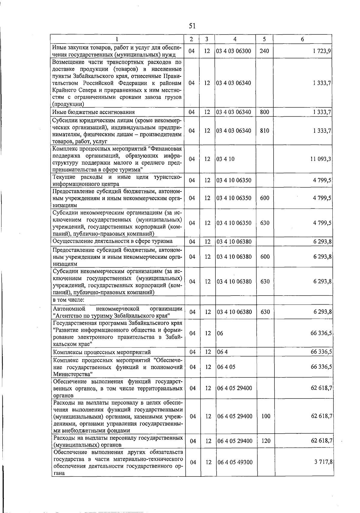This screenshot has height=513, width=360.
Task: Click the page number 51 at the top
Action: tap(192, 26)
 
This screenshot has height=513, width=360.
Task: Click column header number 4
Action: tap(235, 39)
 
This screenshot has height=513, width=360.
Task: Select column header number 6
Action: tap(302, 39)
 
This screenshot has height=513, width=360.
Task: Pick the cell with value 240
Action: tap(264, 51)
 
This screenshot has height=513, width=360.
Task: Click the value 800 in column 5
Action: tap(264, 112)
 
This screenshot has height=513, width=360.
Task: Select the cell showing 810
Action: tap(264, 131)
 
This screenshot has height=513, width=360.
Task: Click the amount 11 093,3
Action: tap(321, 159)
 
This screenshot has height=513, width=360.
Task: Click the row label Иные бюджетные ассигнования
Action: tap(93, 112)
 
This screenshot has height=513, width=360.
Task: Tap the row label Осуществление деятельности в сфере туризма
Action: tap(112, 241)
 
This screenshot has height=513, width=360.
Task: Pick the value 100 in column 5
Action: tap(266, 416)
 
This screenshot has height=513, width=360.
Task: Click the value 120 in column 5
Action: tap(266, 441)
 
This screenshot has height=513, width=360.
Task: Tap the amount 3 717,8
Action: tap(323, 462)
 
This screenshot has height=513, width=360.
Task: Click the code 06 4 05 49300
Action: tap(235, 462)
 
